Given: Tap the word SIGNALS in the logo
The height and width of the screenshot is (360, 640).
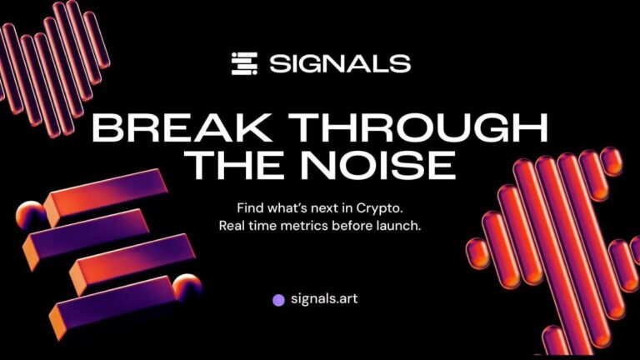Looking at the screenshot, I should (x=339, y=63).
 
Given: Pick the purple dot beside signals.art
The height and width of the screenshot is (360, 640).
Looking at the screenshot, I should (x=279, y=299).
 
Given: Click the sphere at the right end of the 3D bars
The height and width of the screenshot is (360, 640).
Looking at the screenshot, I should (x=187, y=288).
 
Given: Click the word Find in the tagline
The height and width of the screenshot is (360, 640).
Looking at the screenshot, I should (x=251, y=206).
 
